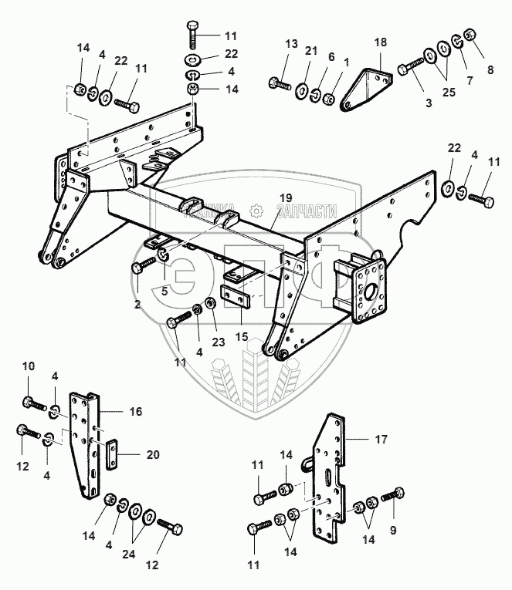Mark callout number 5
pos(164,292)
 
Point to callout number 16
pos(135,413)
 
